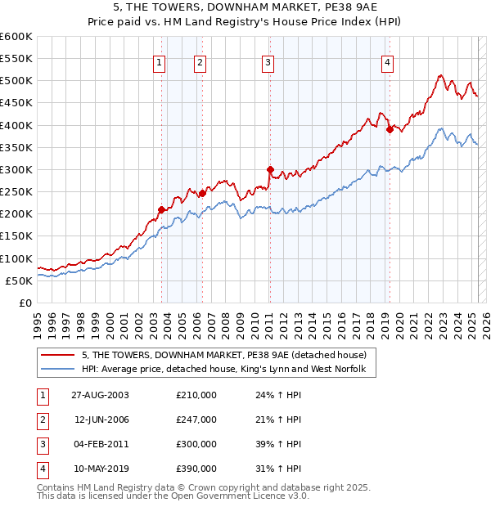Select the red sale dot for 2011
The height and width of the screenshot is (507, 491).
click(269, 169)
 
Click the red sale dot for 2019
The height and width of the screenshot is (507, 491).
click(390, 129)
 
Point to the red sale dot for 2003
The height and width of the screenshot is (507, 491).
click(161, 209)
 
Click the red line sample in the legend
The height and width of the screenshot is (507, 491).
click(56, 355)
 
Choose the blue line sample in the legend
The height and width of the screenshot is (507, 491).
click(56, 370)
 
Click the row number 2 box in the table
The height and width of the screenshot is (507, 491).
click(41, 420)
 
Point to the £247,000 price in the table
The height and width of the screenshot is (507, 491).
click(196, 420)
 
